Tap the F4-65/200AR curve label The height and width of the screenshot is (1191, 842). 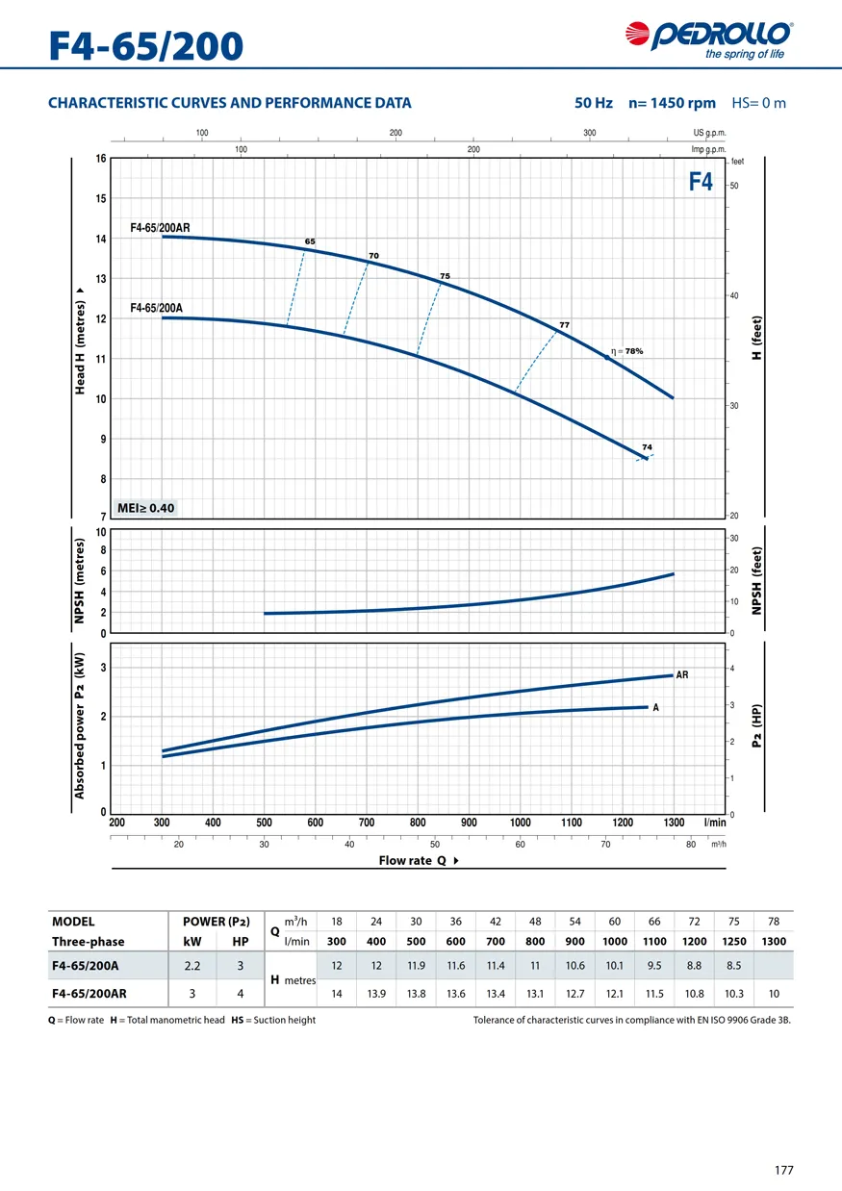tap(160, 228)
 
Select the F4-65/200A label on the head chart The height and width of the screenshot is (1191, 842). tap(156, 308)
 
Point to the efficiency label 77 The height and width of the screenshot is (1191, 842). tap(565, 325)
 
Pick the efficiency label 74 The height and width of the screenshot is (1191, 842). tap(648, 447)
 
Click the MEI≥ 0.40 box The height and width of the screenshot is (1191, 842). tap(146, 508)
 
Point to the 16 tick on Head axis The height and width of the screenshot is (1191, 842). tap(100, 159)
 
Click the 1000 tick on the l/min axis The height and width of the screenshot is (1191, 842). tap(520, 823)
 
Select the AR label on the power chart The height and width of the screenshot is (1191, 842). tap(682, 675)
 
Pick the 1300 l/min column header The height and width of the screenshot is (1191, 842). tap(773, 941)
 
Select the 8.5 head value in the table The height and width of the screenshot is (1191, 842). tap(733, 965)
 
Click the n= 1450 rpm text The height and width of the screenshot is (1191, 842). tap(672, 103)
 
